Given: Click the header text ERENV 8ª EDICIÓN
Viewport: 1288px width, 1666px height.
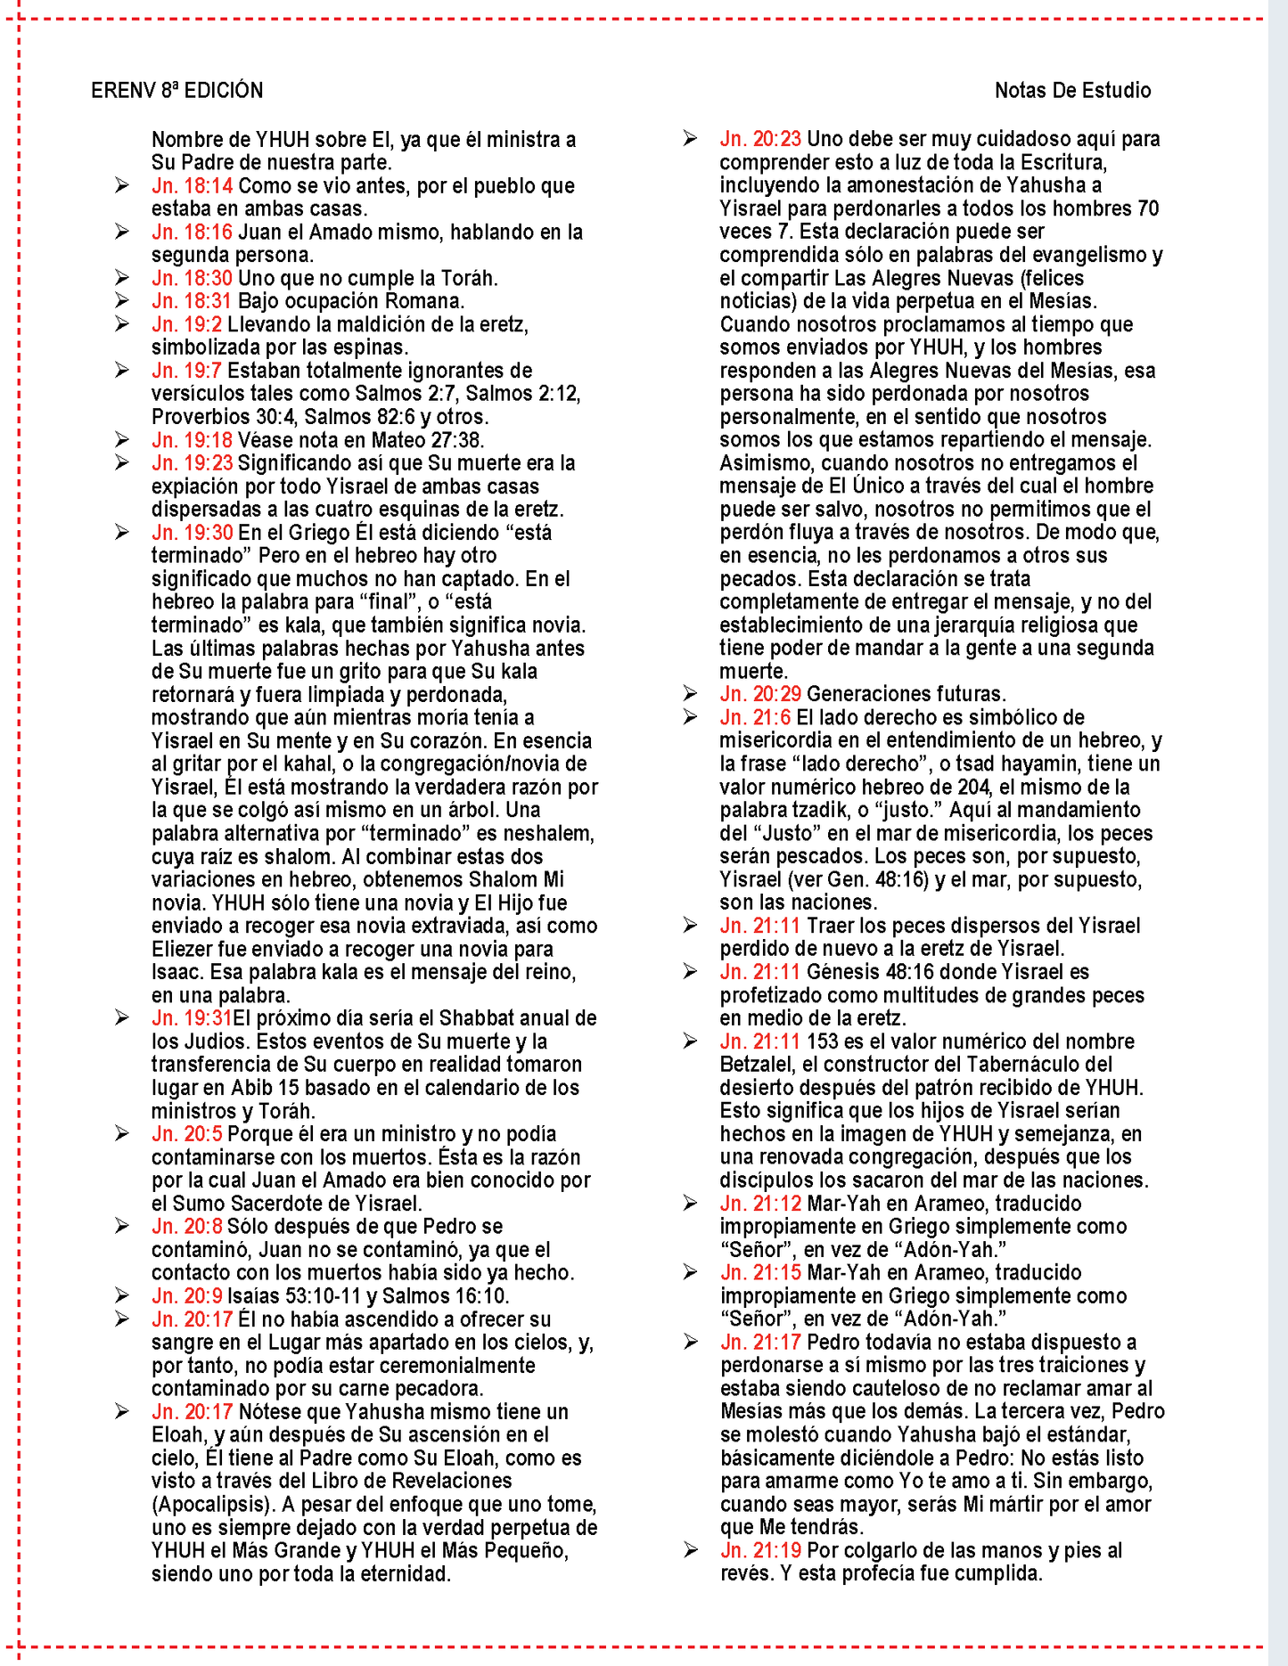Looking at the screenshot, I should (176, 91).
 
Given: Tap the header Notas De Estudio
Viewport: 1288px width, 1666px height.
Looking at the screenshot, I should (1072, 91).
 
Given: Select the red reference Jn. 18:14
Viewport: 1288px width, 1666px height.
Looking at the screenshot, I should (192, 186).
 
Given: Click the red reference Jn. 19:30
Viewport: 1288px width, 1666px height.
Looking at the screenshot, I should (192, 533).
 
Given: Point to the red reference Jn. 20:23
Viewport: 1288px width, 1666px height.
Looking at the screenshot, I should (760, 139).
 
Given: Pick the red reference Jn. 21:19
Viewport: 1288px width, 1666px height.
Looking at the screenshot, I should (760, 1551).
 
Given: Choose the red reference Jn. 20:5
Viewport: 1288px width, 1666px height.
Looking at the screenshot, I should (186, 1134).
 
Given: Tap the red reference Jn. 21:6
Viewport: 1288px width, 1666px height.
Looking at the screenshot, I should (755, 718).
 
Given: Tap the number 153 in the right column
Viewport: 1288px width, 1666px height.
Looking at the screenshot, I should (823, 1041).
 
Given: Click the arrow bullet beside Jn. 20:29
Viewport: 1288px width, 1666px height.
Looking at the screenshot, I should (690, 694).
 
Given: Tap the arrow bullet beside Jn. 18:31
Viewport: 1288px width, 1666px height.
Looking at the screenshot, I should (122, 301).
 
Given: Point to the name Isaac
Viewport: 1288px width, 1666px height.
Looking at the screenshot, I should (176, 973).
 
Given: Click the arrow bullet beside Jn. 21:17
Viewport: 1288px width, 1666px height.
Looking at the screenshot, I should (690, 1343).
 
